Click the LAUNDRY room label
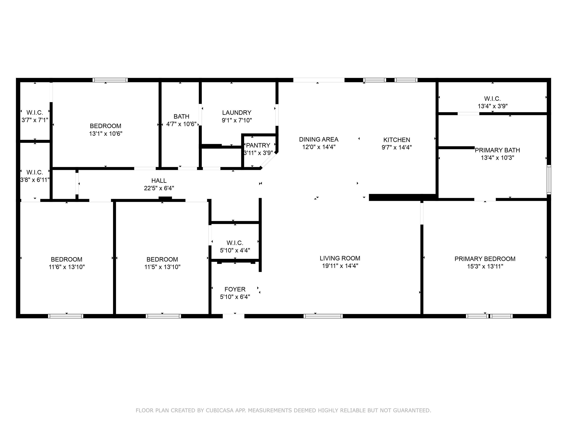pos(237,113)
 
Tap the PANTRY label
pos(258,146)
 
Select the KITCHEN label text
pos(396,140)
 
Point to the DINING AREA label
pos(319,139)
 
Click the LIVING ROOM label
pos(340,258)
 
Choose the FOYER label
pos(235,289)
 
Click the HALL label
pos(159,181)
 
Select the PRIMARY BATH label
pos(497,150)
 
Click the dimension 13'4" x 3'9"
pos(493,106)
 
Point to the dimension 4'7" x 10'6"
pos(181,124)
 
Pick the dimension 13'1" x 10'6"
pos(106,134)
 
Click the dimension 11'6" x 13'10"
pos(67,267)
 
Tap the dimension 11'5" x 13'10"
pos(162,267)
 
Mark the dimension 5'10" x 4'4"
pos(235,250)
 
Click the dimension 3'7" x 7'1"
pos(35,120)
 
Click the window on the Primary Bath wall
pos(549,179)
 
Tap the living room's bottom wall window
pos(323,316)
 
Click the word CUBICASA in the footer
pos(220,410)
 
